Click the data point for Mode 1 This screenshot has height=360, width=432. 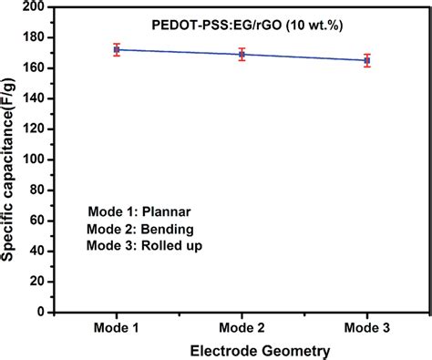[117, 50]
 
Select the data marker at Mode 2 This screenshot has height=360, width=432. [242, 55]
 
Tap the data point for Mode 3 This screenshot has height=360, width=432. [366, 60]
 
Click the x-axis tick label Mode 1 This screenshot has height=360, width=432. [117, 326]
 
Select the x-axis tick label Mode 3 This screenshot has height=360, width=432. [366, 326]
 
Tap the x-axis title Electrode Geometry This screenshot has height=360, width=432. [242, 349]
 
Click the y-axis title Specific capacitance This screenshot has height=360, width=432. [11, 159]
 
